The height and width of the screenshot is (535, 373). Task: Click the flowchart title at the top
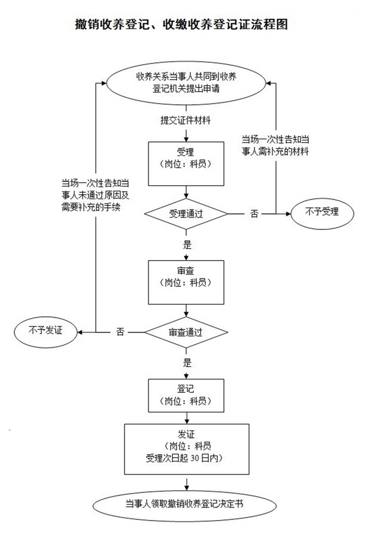point(186,25)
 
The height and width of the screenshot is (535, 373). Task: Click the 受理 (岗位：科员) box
point(186,157)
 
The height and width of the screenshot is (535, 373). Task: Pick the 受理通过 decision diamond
point(186,213)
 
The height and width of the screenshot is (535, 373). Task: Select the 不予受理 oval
point(322,212)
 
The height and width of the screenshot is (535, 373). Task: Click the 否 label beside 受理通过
point(254,213)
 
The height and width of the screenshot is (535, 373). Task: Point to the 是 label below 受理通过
point(187,244)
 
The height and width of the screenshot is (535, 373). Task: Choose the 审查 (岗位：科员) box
point(186,282)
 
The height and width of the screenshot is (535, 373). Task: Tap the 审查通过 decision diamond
point(186,331)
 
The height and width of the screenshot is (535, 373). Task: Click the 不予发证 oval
point(46,330)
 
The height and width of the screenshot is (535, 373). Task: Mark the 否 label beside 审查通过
point(120,331)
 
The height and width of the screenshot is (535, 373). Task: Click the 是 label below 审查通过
point(187,362)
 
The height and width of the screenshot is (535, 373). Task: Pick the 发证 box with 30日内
point(186,449)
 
